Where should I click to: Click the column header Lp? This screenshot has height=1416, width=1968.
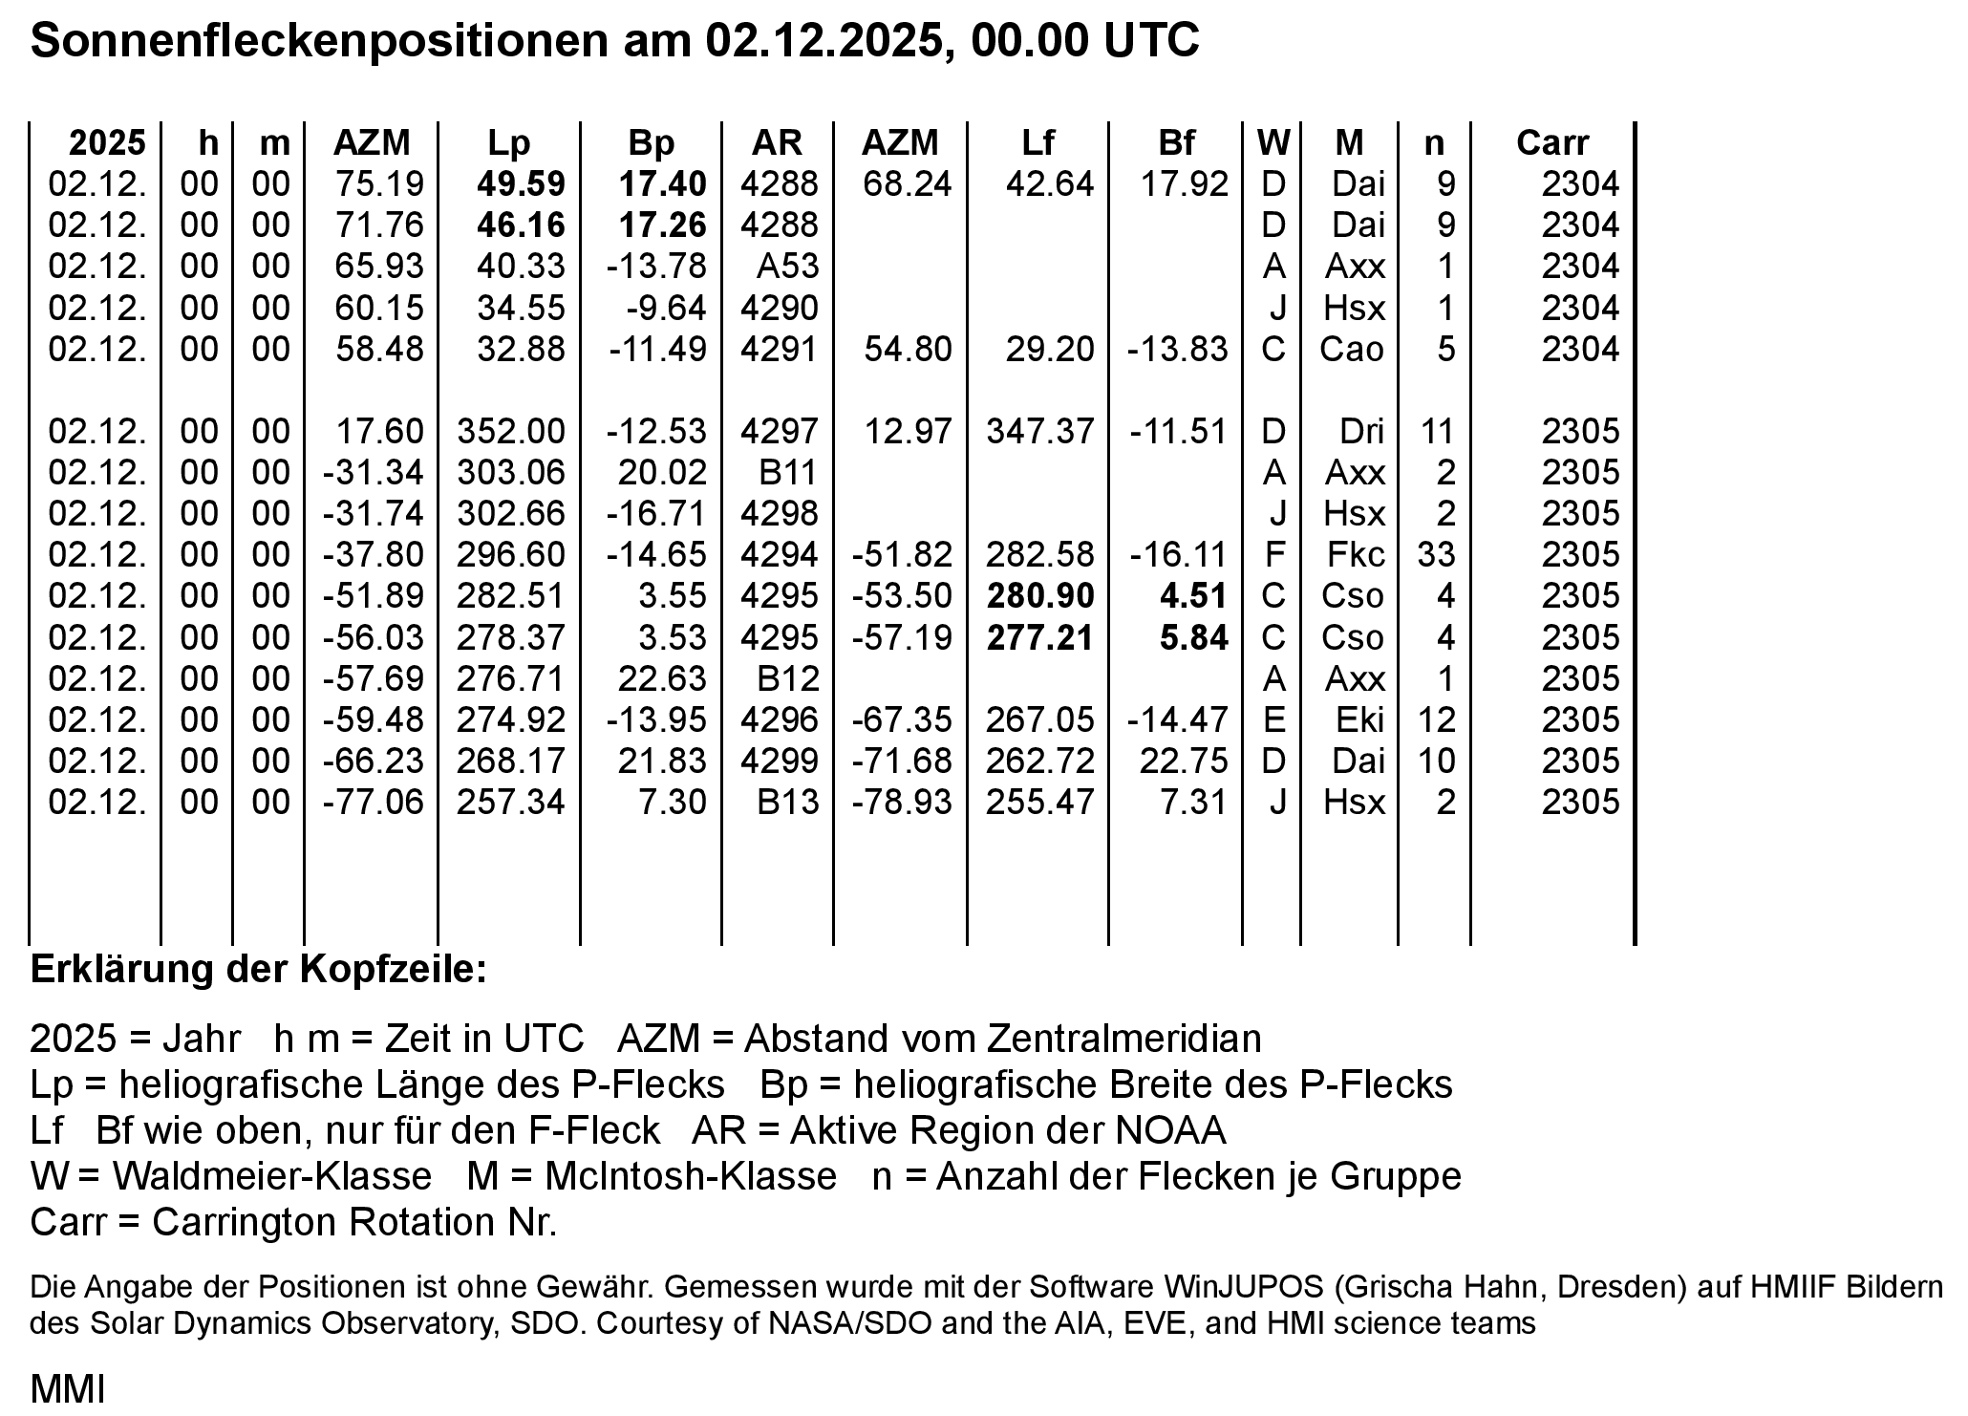(x=508, y=143)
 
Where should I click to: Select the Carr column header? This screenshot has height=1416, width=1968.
(x=1551, y=143)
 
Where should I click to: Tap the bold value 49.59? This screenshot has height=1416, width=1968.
(x=521, y=184)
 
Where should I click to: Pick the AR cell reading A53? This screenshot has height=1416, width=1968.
(x=787, y=267)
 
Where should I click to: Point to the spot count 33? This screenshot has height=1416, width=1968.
(x=1436, y=555)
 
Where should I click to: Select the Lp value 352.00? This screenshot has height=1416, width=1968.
(x=511, y=432)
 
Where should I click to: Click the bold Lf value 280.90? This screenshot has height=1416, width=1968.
(x=1040, y=596)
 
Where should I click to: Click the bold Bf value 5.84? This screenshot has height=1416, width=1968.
(x=1193, y=638)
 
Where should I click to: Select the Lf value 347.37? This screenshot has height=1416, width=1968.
(x=1040, y=432)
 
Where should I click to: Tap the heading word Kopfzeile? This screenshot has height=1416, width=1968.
(x=394, y=970)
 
